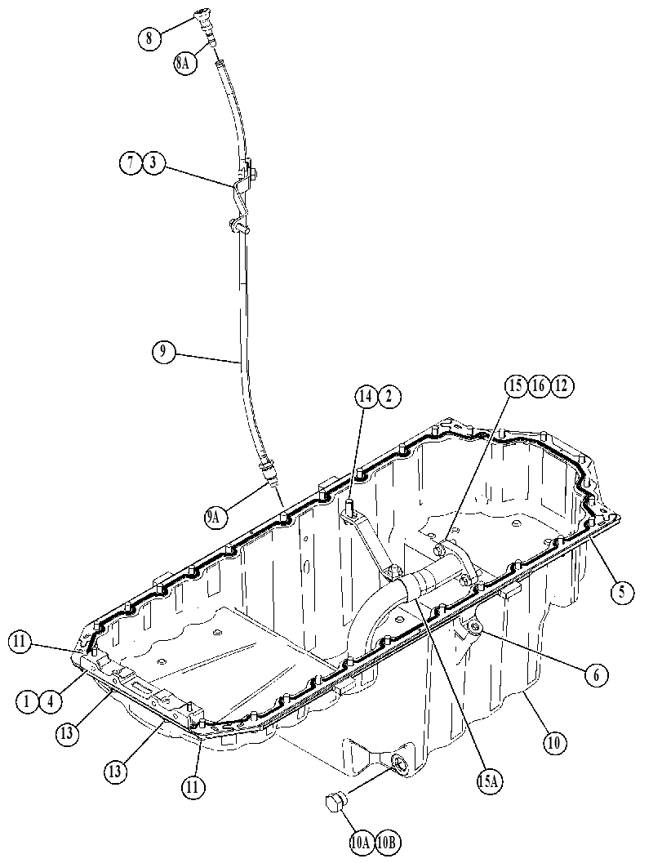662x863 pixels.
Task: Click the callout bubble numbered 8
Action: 149,38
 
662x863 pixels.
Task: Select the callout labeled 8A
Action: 184,64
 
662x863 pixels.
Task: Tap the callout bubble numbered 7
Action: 131,163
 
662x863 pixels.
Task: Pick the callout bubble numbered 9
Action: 163,352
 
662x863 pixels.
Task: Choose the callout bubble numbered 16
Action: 539,386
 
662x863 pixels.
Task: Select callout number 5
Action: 622,592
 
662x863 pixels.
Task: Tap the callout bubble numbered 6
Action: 597,674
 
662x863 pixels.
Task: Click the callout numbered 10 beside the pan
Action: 554,743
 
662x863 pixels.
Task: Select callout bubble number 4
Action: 50,702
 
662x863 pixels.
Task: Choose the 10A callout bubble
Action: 361,842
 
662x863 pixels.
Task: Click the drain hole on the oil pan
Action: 398,764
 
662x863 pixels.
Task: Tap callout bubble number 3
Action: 153,163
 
